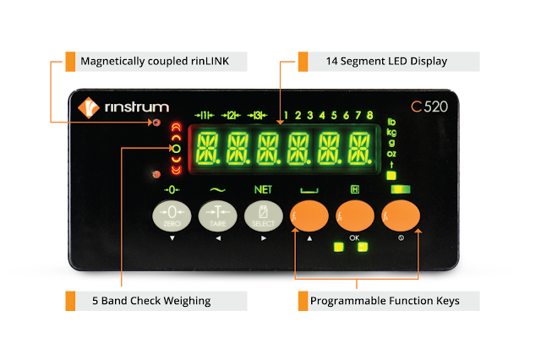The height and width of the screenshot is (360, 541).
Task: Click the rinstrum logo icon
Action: tap(89, 108)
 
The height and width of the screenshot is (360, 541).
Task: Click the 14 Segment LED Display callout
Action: tap(386, 62)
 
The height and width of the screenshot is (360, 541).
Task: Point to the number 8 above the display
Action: tap(370, 116)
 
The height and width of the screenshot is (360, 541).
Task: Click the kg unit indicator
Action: tap(391, 133)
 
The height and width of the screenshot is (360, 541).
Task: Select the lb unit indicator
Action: tap(391, 123)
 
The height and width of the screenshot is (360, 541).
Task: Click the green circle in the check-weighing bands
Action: tap(175, 149)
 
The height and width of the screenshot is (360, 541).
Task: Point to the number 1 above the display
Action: tap(287, 116)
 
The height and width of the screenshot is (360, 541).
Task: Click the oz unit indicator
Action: tap(391, 153)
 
